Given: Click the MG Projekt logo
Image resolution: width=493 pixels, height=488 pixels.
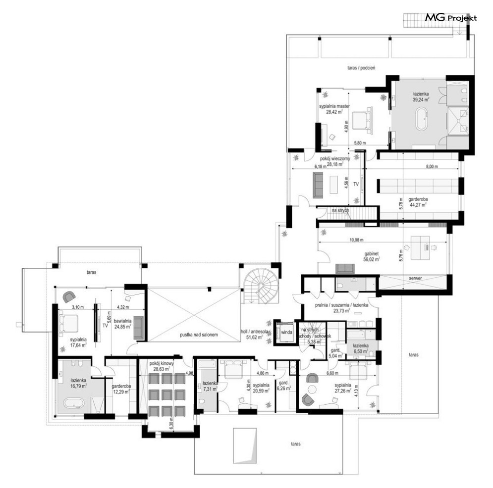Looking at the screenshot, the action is (x=451, y=18).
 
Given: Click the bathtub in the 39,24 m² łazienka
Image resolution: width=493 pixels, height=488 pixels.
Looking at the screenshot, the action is (x=422, y=119).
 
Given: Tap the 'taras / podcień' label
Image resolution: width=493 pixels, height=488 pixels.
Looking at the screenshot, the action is (x=361, y=67).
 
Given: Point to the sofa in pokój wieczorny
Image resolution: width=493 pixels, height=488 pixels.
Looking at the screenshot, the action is (x=318, y=185).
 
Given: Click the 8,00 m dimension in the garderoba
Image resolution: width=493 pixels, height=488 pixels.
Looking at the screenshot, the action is (x=432, y=166).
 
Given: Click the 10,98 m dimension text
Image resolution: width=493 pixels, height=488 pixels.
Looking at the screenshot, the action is (x=357, y=240).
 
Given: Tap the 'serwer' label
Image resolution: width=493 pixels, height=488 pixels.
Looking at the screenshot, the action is (x=415, y=278).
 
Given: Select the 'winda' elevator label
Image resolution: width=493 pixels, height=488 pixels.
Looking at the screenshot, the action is (x=286, y=332).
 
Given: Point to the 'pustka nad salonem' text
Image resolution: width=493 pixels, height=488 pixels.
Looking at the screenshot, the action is (x=199, y=335).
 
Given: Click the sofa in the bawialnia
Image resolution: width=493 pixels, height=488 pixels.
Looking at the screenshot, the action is (x=139, y=328).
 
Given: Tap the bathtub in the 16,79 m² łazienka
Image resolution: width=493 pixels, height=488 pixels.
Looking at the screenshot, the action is (x=74, y=403).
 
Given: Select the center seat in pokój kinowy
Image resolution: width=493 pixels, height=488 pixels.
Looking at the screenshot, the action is (x=166, y=394).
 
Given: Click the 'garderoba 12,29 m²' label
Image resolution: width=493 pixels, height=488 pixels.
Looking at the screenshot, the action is (x=121, y=389).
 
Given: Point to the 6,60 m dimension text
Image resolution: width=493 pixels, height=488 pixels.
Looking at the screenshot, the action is (x=332, y=373).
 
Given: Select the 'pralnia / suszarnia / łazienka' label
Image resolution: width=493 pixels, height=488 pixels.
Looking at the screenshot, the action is (x=342, y=305).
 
